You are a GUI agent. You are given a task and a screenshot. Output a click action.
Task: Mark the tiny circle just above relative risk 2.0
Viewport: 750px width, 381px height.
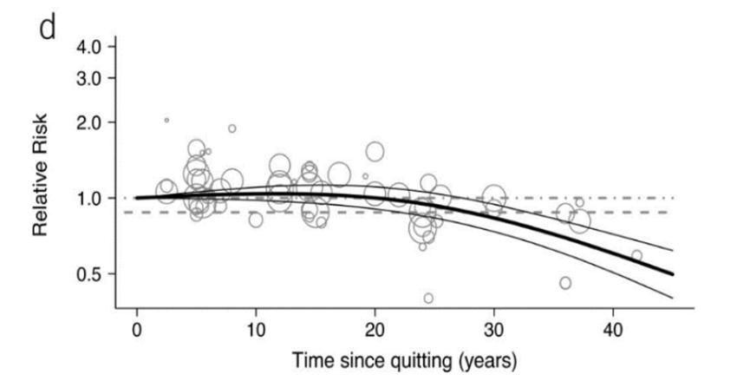point(166,120)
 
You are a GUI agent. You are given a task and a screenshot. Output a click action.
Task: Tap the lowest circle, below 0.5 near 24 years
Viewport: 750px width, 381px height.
point(428,298)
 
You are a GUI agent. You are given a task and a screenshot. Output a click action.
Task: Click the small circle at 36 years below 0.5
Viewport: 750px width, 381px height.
point(565,283)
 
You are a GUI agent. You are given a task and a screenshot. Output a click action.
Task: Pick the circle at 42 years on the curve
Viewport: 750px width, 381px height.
point(636,255)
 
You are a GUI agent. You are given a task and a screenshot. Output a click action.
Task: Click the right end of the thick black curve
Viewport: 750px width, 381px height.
point(672,274)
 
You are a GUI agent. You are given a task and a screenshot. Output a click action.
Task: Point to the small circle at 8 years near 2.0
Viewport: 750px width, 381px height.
point(232,128)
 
